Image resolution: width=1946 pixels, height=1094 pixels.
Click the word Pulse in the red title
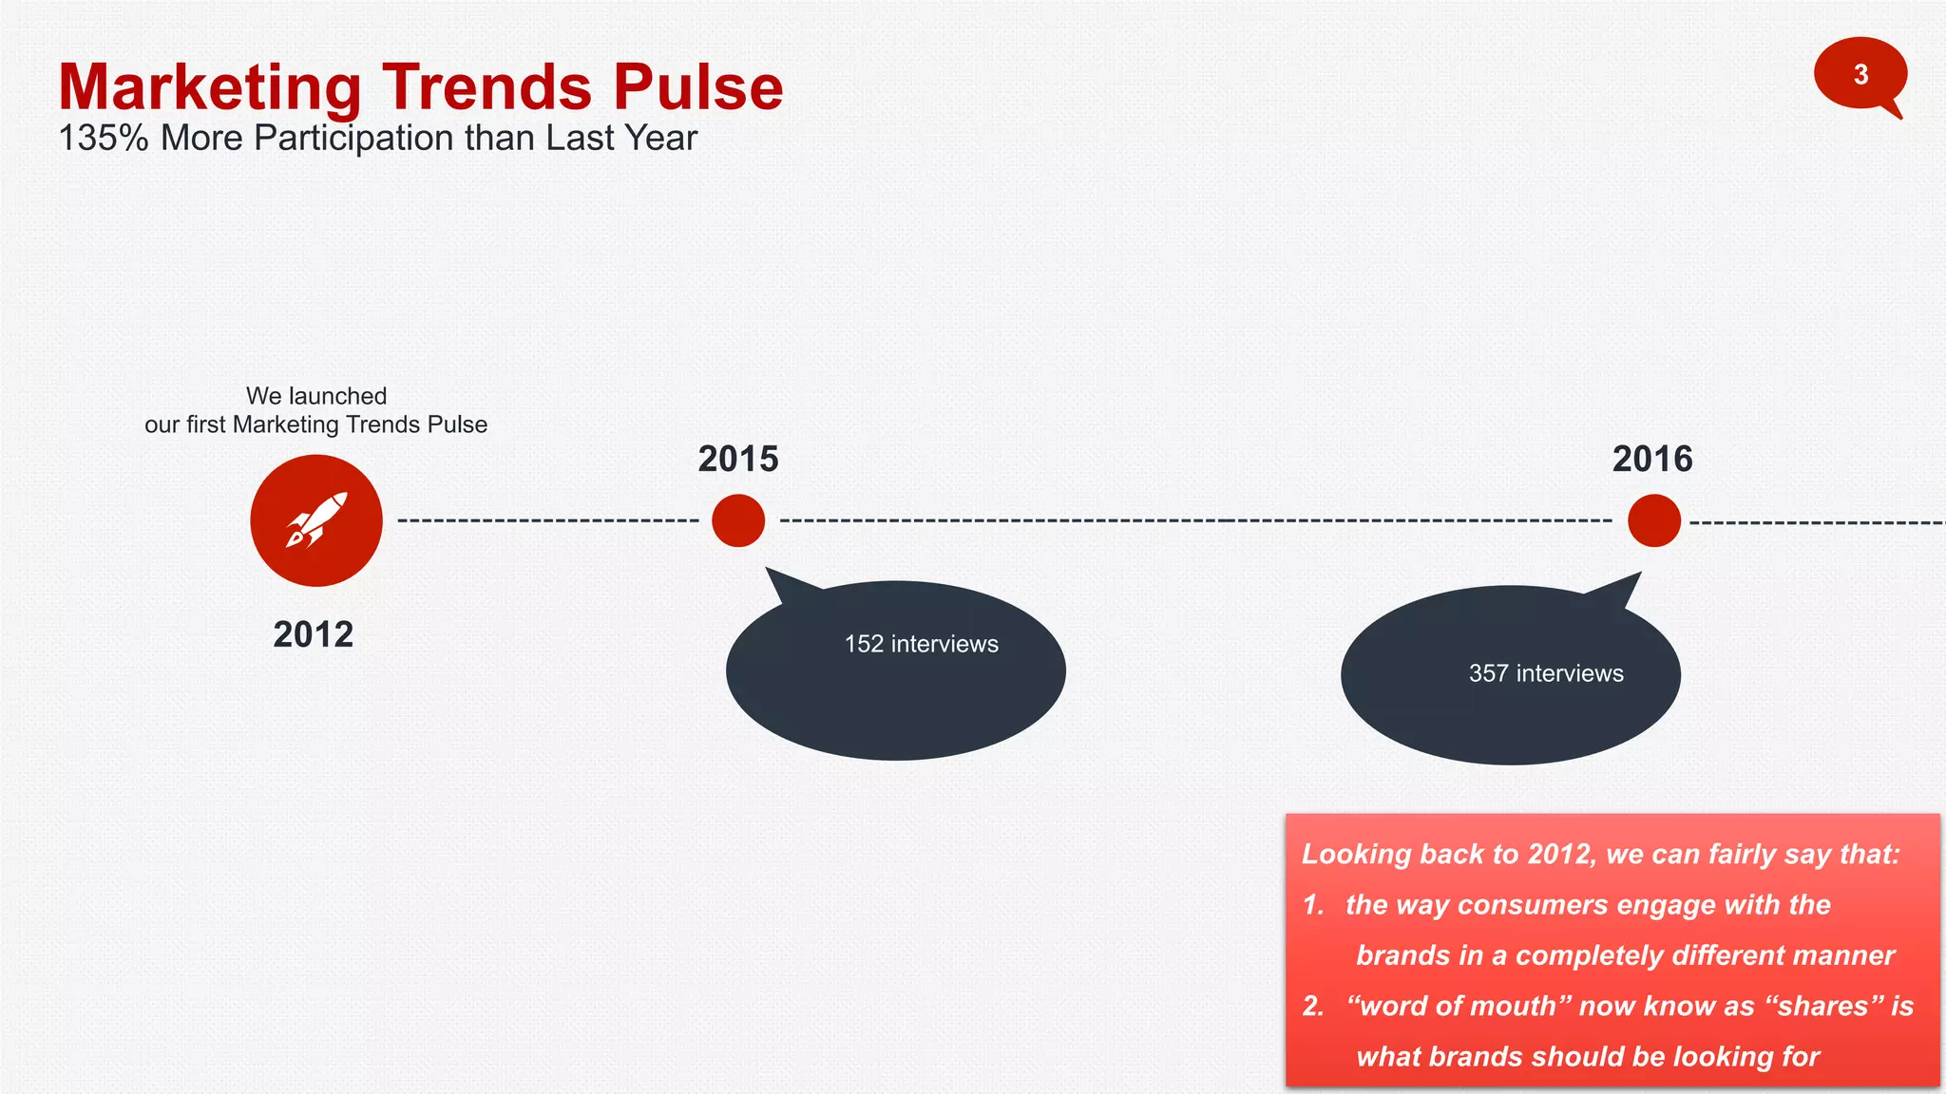[697, 87]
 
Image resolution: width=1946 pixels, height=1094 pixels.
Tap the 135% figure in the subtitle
[104, 139]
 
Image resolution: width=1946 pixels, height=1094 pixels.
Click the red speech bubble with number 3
[1860, 74]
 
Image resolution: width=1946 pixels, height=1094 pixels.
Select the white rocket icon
[316, 520]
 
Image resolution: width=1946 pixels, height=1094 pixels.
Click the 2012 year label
[313, 634]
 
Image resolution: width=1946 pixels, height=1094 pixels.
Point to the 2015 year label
[737, 460]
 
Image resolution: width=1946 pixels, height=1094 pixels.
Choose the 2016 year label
[1651, 460]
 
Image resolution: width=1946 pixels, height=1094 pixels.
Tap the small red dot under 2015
[738, 520]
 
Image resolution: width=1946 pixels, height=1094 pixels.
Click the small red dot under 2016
[1653, 520]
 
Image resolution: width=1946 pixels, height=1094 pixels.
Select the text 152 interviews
[921, 644]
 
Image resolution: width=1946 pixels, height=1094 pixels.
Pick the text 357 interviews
[1546, 673]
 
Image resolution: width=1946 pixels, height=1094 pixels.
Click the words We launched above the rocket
[316, 396]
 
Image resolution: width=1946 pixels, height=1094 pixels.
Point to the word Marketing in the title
[210, 87]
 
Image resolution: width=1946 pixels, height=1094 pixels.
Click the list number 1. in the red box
[1313, 905]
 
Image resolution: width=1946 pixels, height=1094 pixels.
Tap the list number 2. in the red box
[1313, 1006]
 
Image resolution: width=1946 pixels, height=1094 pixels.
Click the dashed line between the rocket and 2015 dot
[547, 520]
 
